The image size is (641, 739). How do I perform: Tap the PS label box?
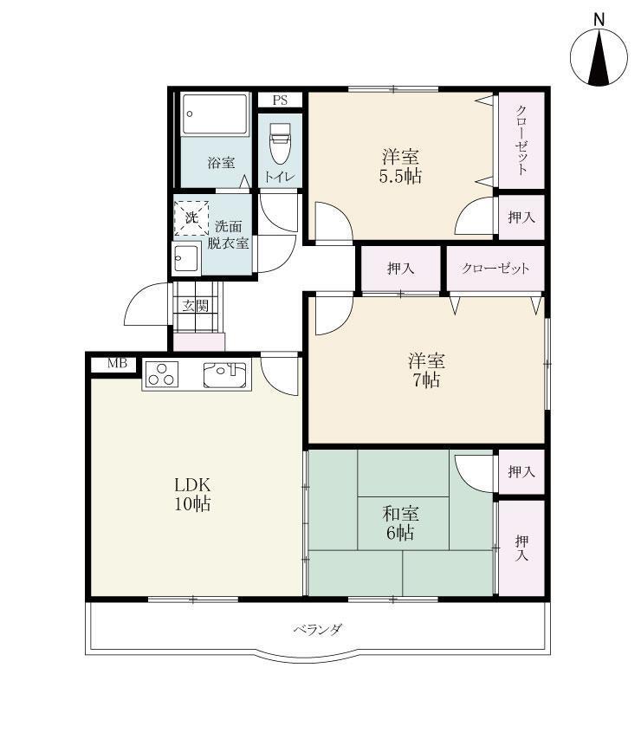click(280, 100)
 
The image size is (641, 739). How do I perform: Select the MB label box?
click(117, 363)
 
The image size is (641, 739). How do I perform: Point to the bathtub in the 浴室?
click(215, 114)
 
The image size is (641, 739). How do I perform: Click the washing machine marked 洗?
click(191, 217)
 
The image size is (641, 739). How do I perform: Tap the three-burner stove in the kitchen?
click(162, 374)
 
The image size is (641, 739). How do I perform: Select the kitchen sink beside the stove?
click(224, 374)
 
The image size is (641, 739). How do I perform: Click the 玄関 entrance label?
click(196, 306)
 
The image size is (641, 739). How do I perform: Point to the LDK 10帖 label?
click(192, 495)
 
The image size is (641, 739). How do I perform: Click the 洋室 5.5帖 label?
click(400, 165)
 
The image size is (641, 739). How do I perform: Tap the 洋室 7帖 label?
click(426, 371)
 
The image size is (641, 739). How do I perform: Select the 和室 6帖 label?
click(400, 522)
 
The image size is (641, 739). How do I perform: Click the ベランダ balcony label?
click(318, 630)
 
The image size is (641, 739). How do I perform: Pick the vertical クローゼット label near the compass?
click(521, 140)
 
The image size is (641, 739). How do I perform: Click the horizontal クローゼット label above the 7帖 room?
click(495, 269)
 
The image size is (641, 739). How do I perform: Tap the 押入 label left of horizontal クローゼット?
click(400, 269)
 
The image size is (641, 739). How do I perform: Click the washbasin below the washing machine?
click(186, 258)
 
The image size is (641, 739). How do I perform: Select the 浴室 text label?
click(221, 163)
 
